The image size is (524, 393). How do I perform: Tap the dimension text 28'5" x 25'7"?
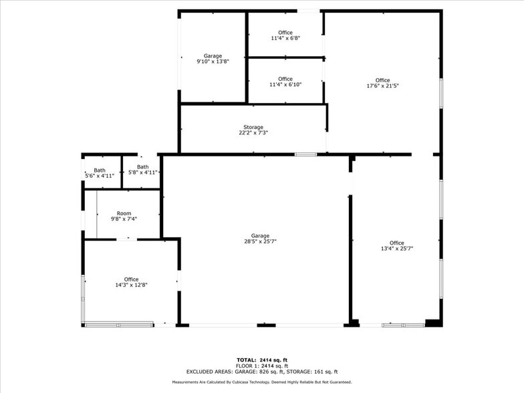(260, 241)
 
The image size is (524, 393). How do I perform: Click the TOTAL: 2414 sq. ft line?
(262, 360)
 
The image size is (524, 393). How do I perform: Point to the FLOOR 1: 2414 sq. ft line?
(262, 366)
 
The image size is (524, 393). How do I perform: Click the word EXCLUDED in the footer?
(200, 372)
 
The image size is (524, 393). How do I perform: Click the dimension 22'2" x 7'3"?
(253, 133)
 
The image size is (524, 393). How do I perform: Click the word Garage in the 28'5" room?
(260, 236)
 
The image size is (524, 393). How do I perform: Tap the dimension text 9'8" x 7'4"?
(124, 219)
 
